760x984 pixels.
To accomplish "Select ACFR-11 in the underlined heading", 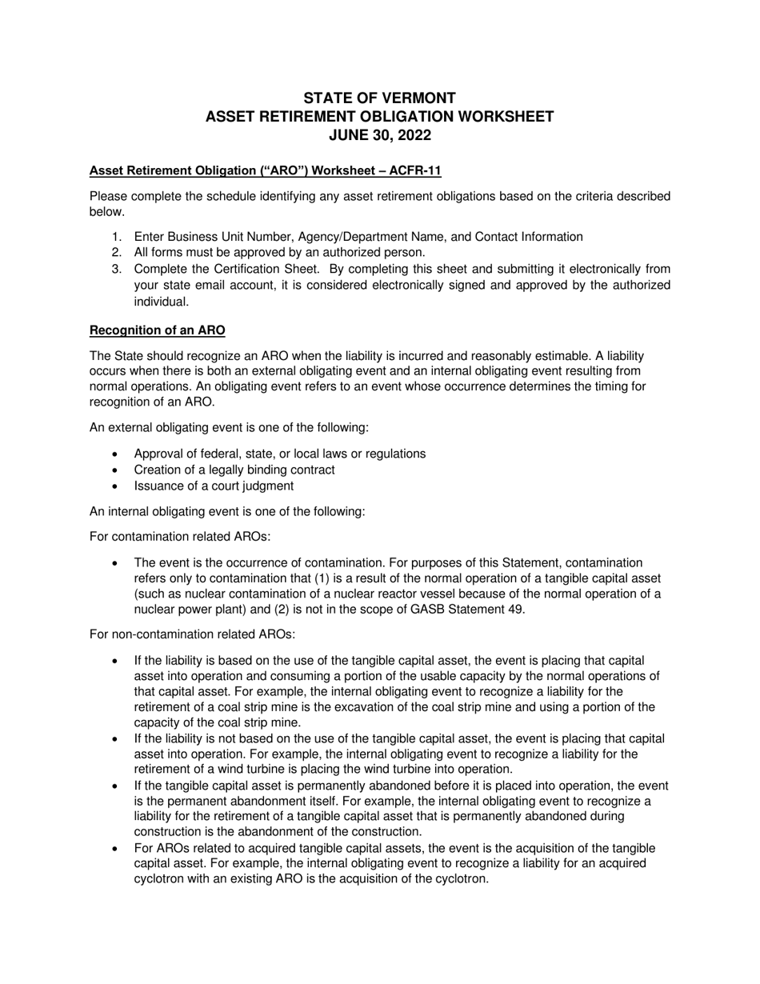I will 414,170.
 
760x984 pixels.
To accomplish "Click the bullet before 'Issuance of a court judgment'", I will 116,486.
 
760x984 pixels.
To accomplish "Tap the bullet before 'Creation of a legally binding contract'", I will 116,470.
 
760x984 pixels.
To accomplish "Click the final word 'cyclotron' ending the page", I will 458,878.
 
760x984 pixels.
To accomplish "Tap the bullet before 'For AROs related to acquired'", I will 116,848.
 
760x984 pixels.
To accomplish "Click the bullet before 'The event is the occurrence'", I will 116,563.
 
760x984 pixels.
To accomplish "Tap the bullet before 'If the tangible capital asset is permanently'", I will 116,786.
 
